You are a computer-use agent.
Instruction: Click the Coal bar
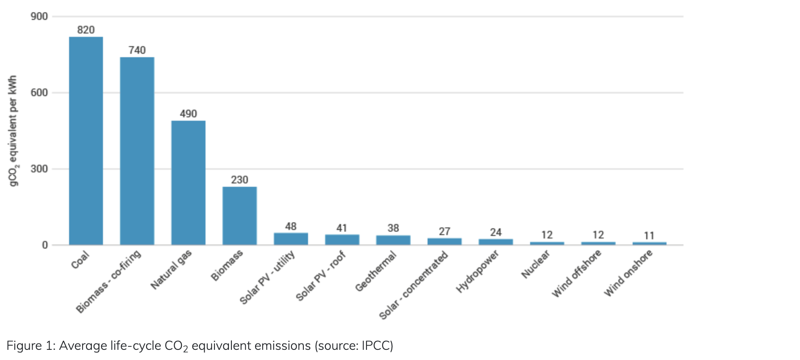point(86,141)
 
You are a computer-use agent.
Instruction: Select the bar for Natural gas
point(189,183)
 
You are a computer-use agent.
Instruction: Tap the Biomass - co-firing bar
point(137,151)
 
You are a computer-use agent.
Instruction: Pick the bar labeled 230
point(240,216)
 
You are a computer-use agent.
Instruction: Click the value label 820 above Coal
point(86,30)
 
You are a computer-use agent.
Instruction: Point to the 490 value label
point(188,114)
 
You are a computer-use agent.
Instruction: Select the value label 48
point(291,227)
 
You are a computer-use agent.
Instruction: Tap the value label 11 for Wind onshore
point(649,235)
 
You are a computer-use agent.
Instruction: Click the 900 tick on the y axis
point(39,17)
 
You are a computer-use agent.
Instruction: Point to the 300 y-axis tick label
point(39,169)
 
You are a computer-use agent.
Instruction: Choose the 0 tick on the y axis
point(45,245)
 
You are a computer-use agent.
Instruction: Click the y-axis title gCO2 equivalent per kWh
point(13,130)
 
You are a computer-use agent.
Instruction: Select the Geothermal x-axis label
point(376,271)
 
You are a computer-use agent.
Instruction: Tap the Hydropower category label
point(478,271)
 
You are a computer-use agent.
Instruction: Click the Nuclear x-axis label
point(535,264)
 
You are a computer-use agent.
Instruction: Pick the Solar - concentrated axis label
point(413,285)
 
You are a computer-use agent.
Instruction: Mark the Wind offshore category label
point(576,273)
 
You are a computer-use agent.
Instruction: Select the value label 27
point(444,232)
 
